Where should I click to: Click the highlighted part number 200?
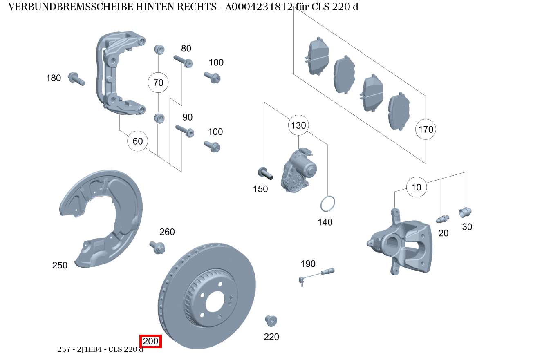[x=151, y=341]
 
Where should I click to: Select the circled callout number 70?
[x=158, y=83]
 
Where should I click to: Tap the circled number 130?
[x=298, y=125]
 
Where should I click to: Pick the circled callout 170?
[x=426, y=130]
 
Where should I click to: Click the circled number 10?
[x=416, y=188]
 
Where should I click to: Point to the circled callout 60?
[x=138, y=141]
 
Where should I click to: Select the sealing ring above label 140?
[x=327, y=204]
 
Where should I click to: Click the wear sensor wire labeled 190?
[x=317, y=274]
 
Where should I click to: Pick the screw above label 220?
[x=271, y=321]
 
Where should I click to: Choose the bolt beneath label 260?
[x=158, y=247]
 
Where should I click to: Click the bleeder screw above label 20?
[x=442, y=219]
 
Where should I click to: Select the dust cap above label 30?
[x=466, y=212]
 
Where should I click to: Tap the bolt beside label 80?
[x=183, y=61]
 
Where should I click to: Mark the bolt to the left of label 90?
[x=184, y=130]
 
